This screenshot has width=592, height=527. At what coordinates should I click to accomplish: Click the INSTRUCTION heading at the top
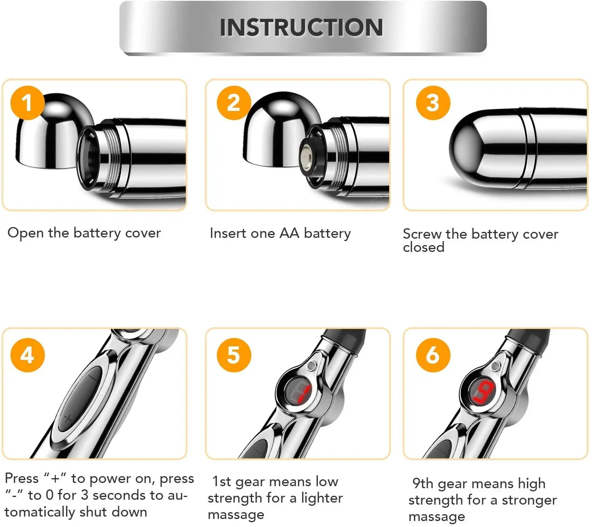click(301, 27)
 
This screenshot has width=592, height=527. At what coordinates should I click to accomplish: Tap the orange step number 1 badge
click(27, 103)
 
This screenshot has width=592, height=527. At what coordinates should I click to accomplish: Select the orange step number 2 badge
click(234, 103)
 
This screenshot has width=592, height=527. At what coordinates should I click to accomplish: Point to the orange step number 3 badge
click(433, 103)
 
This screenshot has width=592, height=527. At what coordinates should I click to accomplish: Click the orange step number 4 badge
click(27, 355)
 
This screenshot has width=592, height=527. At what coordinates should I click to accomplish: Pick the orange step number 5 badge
click(234, 355)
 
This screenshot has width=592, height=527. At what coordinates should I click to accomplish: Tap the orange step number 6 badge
click(433, 355)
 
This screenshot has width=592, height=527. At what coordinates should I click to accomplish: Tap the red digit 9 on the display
click(484, 392)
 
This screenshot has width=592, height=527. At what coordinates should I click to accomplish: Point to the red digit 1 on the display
click(305, 394)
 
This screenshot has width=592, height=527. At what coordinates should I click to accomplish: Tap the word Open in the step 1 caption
click(26, 233)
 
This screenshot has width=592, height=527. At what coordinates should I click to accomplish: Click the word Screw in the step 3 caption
click(422, 234)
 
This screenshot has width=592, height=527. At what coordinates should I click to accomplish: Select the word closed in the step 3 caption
click(424, 247)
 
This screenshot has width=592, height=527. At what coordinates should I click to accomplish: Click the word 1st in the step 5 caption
click(222, 481)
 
